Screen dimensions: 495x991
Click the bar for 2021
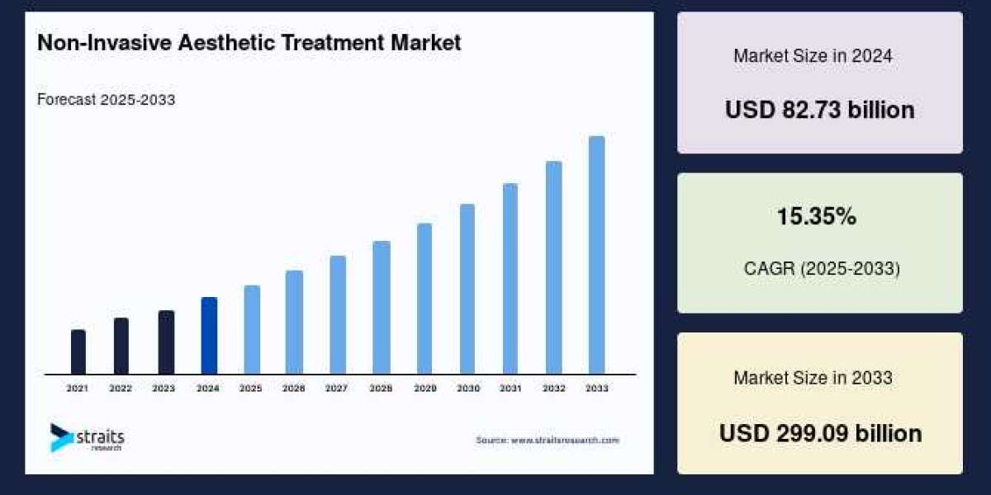[78, 352]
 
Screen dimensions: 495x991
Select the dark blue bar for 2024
[210, 336]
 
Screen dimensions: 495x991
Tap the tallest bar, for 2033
[596, 255]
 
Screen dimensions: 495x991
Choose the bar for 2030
[467, 289]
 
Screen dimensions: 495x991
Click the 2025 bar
[252, 330]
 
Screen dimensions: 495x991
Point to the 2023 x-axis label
[164, 388]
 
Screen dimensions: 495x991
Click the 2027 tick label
[336, 388]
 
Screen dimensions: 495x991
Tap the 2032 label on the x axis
[554, 388]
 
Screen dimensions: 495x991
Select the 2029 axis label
[424, 388]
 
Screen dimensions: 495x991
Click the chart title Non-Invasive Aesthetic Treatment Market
[249, 44]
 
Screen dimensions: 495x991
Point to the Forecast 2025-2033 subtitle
[106, 100]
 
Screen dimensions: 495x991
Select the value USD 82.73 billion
[819, 110]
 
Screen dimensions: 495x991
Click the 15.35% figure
[816, 217]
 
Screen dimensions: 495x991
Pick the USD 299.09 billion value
[820, 433]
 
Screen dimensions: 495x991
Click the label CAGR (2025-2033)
[822, 268]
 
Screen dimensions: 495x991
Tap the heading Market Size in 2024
[813, 56]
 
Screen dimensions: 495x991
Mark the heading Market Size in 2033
[813, 378]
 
